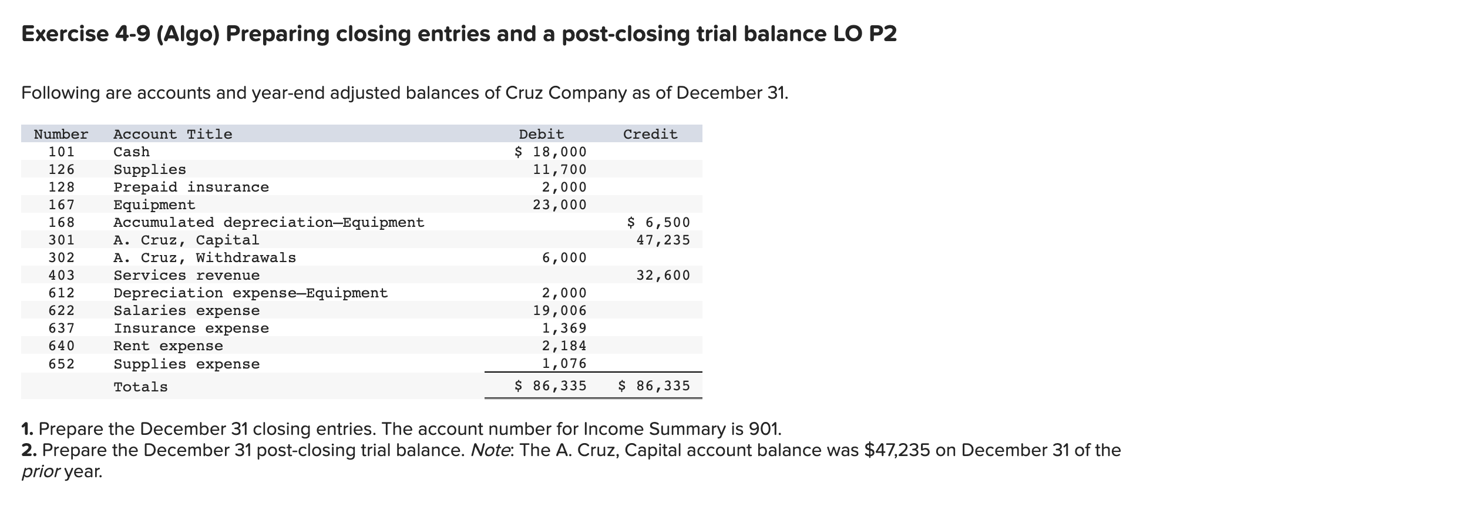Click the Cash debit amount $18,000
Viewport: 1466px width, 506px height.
pos(550,152)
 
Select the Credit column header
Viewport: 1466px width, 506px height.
pos(650,134)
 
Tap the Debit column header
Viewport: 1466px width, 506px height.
pos(541,134)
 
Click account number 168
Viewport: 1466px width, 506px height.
pos(61,222)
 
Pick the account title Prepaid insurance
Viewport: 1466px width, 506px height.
pos(191,187)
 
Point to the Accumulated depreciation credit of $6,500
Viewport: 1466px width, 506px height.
pos(658,222)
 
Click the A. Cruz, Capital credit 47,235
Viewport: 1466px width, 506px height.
pos(663,240)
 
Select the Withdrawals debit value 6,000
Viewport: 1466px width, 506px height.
pos(564,257)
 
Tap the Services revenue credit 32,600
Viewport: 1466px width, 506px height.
pos(663,275)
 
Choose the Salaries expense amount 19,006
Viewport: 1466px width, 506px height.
pos(559,310)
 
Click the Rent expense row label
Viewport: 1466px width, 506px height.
pos(168,346)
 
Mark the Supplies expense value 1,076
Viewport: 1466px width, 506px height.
pos(564,363)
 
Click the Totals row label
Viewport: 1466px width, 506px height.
pos(140,387)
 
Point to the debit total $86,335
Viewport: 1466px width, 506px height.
pos(550,386)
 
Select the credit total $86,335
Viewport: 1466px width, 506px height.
pos(654,386)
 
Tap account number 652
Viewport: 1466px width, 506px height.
pos(61,364)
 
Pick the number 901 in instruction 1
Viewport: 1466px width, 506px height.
pos(765,428)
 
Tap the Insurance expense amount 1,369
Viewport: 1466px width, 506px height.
pos(564,328)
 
